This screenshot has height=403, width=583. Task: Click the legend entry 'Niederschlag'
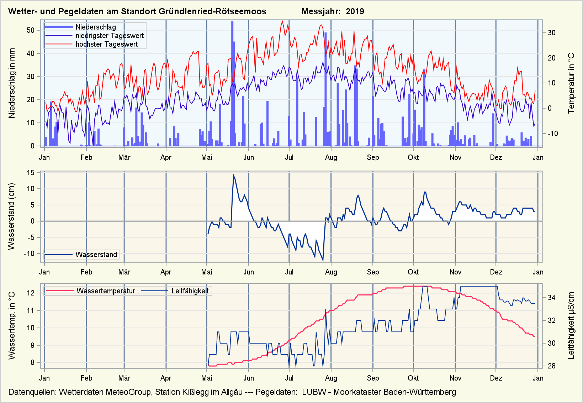[x=95, y=27]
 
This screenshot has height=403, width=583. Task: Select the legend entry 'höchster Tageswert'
[x=106, y=44]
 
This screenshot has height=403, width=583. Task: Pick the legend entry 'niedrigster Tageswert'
[x=110, y=36]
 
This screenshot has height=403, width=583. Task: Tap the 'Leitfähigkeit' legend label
[x=190, y=291]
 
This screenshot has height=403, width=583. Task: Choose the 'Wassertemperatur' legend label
[x=106, y=291]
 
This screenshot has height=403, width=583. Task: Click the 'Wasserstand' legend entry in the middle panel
[x=96, y=255]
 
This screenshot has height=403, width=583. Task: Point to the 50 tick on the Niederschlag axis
[x=31, y=30]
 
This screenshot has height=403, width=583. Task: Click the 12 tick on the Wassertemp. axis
[x=31, y=293]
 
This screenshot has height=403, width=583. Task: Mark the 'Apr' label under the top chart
[x=166, y=157]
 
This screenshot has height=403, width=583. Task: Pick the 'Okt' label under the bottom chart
[x=413, y=378]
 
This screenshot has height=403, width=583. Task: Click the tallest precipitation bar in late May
[x=232, y=84]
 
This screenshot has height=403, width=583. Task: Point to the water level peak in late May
[x=234, y=175]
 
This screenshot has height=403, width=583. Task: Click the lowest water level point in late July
[x=323, y=261]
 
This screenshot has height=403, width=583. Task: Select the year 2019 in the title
[x=355, y=11]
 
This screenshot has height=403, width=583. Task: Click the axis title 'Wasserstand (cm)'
[x=11, y=216]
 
